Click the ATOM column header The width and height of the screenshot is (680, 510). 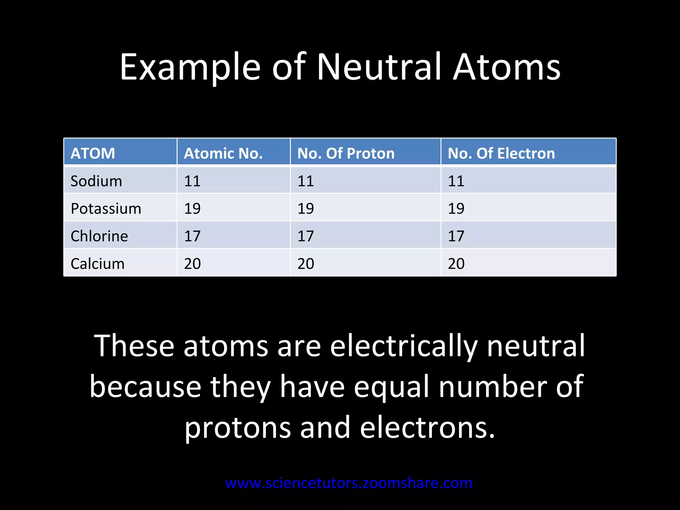coord(93,153)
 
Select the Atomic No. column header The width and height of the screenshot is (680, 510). coord(223,153)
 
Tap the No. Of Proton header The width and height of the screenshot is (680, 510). coord(346,153)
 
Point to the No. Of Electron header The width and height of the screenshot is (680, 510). coord(501,153)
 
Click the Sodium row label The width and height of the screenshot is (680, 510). coord(96,181)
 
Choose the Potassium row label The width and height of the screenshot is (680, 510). coord(106,209)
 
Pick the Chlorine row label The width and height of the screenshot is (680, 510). coord(99,236)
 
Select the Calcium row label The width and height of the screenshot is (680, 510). coord(98,264)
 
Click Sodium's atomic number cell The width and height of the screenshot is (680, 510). coord(193,181)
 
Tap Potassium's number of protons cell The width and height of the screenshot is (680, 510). coord(305,209)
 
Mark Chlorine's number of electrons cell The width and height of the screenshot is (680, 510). coord(456,236)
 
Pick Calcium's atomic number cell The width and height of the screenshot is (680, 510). coord(193,264)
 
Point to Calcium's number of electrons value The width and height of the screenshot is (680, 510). coord(456,264)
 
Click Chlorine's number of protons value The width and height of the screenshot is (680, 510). coord(305,236)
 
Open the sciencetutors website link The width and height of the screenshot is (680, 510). coord(349,483)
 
